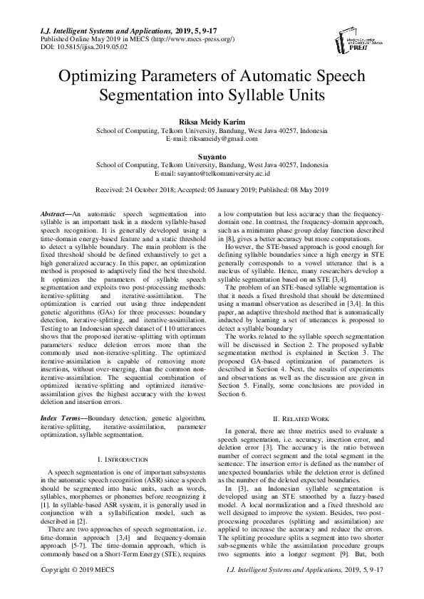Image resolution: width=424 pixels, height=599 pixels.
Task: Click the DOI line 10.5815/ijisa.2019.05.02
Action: click(x=68, y=46)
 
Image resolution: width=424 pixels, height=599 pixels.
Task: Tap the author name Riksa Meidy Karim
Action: click(x=212, y=122)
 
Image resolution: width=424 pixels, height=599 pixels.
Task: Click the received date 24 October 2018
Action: click(x=148, y=190)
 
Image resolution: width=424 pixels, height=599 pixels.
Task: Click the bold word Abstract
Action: click(x=54, y=214)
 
